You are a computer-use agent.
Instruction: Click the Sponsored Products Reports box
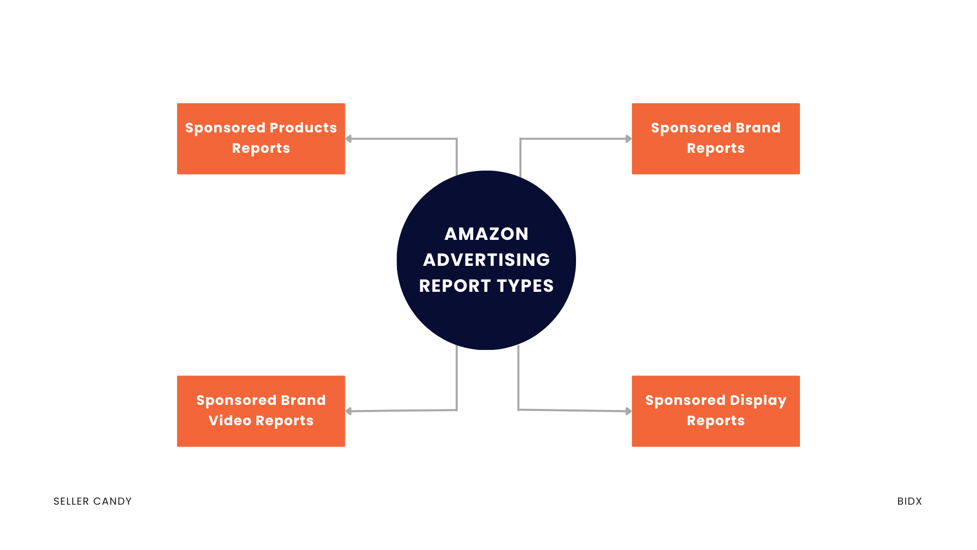click(261, 139)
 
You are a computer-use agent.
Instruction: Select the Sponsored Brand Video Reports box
click(261, 411)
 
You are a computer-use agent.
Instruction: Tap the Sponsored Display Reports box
click(715, 411)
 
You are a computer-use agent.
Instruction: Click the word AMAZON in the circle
click(486, 234)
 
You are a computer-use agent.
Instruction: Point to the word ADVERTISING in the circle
click(486, 260)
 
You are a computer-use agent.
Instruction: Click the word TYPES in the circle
click(525, 286)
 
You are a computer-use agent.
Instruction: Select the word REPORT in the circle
click(454, 286)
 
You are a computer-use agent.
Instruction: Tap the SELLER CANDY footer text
click(93, 501)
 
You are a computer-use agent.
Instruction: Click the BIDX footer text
click(909, 501)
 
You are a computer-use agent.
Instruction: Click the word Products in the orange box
click(303, 127)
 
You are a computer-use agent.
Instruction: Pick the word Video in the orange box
click(229, 421)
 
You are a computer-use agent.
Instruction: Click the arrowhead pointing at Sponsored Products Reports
click(349, 139)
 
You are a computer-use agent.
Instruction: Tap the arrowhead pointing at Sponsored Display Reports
click(628, 411)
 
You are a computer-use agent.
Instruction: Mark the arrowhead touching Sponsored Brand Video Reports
click(349, 411)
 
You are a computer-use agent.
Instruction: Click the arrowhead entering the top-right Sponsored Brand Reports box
click(628, 139)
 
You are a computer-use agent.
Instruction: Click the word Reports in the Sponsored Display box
click(715, 421)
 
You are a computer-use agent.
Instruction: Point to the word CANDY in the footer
click(112, 501)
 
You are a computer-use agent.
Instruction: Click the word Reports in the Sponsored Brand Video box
click(284, 421)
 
